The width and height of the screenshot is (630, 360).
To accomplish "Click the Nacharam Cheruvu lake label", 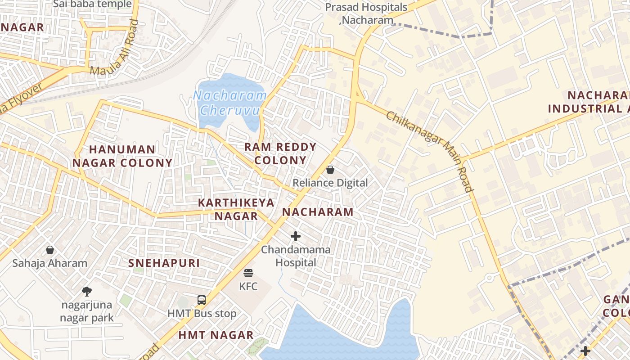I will pyautogui.click(x=229, y=103).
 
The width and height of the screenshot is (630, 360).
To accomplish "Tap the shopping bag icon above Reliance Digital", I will pyautogui.click(x=330, y=170).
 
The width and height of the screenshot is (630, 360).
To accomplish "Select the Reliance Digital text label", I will pyautogui.click(x=330, y=183).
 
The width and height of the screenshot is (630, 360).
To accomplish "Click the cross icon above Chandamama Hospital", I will pyautogui.click(x=296, y=236).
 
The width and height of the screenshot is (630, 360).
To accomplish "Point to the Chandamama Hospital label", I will pyautogui.click(x=296, y=256).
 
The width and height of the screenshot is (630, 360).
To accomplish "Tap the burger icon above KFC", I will pyautogui.click(x=248, y=273).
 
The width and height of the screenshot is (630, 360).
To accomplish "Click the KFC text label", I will pyautogui.click(x=248, y=286).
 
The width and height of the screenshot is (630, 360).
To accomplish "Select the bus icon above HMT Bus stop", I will pyautogui.click(x=202, y=300).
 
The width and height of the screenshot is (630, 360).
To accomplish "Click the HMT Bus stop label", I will pyautogui.click(x=202, y=313).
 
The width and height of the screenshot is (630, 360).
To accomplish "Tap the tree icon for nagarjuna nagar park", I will pyautogui.click(x=87, y=291).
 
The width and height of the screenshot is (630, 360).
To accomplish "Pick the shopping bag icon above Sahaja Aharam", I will pyautogui.click(x=50, y=249).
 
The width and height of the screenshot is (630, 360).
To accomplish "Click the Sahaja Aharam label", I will pyautogui.click(x=50, y=263).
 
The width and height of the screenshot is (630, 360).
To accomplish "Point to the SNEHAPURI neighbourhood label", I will pyautogui.click(x=164, y=263).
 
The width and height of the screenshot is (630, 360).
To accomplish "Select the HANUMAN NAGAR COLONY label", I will pyautogui.click(x=122, y=156).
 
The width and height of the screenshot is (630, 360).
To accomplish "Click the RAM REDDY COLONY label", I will pyautogui.click(x=280, y=153).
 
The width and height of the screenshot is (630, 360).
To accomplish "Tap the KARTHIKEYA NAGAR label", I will pyautogui.click(x=236, y=209).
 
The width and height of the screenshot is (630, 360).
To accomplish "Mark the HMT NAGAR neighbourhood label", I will pyautogui.click(x=216, y=335).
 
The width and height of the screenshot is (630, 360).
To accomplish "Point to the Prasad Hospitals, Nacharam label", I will pyautogui.click(x=366, y=13).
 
